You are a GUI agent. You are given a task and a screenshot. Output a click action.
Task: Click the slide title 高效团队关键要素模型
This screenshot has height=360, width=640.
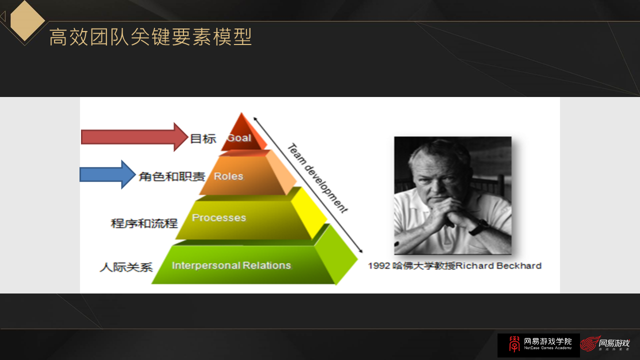(x=150, y=37)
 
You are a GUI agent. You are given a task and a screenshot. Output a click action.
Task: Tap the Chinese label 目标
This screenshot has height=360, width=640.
(x=203, y=139)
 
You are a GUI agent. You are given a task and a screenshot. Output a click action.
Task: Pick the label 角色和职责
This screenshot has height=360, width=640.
(x=171, y=176)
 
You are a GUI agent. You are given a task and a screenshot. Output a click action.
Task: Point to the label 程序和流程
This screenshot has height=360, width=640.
(x=144, y=223)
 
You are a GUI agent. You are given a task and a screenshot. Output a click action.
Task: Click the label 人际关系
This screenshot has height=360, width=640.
(x=126, y=267)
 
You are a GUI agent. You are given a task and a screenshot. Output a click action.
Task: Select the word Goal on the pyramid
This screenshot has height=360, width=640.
(x=239, y=137)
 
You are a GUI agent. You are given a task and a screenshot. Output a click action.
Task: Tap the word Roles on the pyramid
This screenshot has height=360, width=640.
(x=228, y=176)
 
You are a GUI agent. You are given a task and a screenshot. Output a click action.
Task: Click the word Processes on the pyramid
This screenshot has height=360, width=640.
(x=219, y=217)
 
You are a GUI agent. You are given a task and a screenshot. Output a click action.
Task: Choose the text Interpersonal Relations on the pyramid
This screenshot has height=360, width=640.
(x=231, y=265)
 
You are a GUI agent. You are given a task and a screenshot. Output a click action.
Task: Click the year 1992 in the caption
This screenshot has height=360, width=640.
(x=378, y=265)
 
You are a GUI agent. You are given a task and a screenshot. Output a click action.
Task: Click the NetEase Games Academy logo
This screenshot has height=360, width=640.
(x=538, y=345)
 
